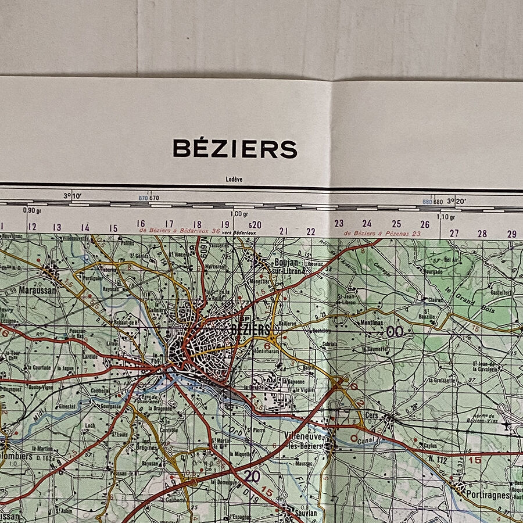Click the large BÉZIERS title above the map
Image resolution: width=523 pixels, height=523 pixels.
pyautogui.click(x=235, y=149)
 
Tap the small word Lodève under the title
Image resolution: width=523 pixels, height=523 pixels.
pyautogui.click(x=234, y=180)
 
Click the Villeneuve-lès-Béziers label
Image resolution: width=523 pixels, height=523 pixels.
pyautogui.click(x=303, y=439)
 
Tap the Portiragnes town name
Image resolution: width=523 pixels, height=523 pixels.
pyautogui.click(x=487, y=495)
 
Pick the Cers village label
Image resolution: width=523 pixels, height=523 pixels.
pyautogui.click(x=372, y=416)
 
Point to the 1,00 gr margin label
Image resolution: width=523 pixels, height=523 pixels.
pyautogui.click(x=239, y=214)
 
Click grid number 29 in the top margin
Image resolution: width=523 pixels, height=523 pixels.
pyautogui.click(x=511, y=234)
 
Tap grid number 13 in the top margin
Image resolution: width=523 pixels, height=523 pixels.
pyautogui.click(x=57, y=227)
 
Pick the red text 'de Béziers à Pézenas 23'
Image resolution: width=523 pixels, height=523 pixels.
pyautogui.click(x=382, y=233)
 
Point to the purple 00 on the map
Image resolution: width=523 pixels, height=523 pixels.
pyautogui.click(x=395, y=331)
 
